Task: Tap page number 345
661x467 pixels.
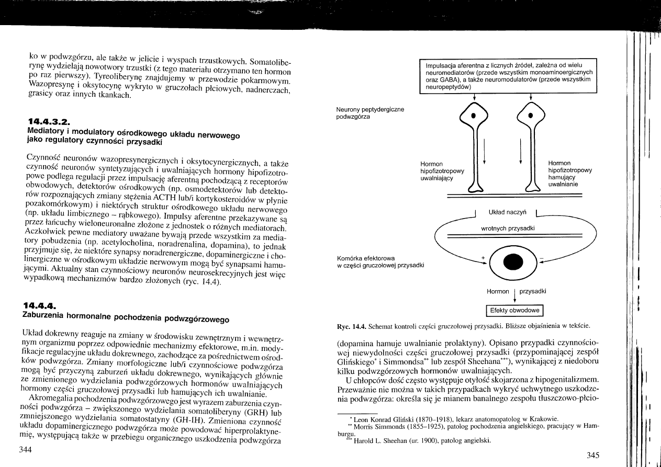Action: (x=592, y=455)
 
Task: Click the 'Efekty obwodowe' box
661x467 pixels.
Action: (x=515, y=311)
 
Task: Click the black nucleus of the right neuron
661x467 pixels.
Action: (x=530, y=116)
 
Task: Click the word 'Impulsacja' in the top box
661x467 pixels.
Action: (x=441, y=65)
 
